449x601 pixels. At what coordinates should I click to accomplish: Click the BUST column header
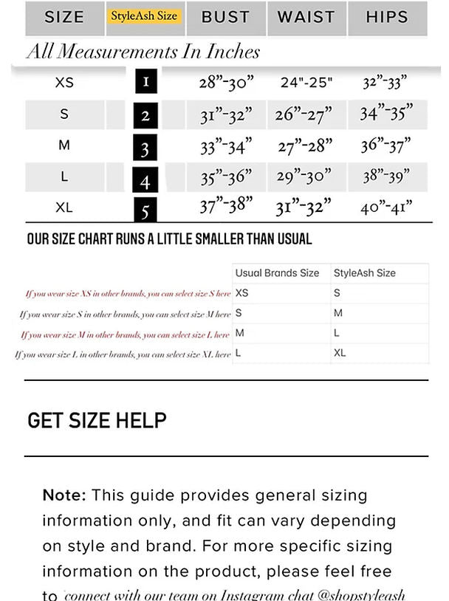(x=225, y=17)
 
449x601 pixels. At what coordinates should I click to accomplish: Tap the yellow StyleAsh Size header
(x=145, y=16)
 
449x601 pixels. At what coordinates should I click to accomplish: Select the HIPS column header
(x=386, y=17)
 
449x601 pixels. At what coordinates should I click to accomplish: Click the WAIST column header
(x=306, y=17)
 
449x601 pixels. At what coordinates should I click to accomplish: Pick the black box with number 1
(x=145, y=80)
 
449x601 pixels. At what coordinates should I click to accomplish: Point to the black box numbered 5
(x=145, y=210)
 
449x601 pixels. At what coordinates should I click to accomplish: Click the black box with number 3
(x=145, y=148)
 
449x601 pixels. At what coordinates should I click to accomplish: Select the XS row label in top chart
(x=64, y=82)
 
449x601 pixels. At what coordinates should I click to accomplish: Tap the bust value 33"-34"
(x=225, y=146)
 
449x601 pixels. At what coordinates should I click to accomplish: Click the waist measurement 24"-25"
(x=306, y=82)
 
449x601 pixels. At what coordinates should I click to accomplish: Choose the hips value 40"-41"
(x=385, y=207)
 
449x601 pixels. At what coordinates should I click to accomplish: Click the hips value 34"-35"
(x=385, y=114)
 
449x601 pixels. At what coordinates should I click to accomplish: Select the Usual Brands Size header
(x=277, y=273)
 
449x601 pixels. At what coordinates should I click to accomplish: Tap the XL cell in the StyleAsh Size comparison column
(x=340, y=353)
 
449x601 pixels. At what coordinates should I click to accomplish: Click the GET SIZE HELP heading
(x=97, y=420)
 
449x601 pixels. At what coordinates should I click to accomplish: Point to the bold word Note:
(x=64, y=495)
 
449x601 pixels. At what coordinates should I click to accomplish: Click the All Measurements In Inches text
(x=143, y=52)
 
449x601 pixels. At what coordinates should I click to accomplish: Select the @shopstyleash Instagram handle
(x=362, y=594)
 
